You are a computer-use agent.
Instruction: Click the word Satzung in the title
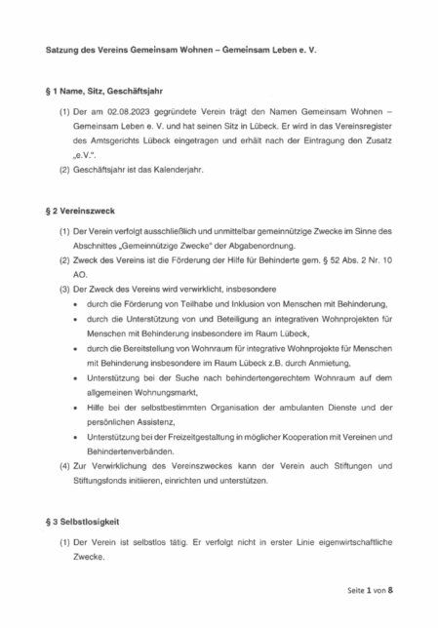[x=64, y=50]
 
